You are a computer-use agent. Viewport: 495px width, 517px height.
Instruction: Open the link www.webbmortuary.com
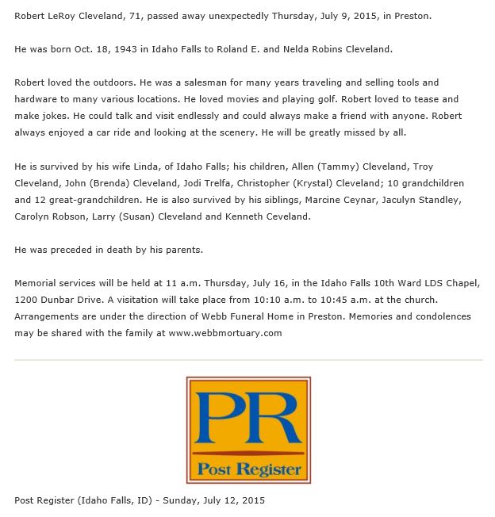click(225, 332)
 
